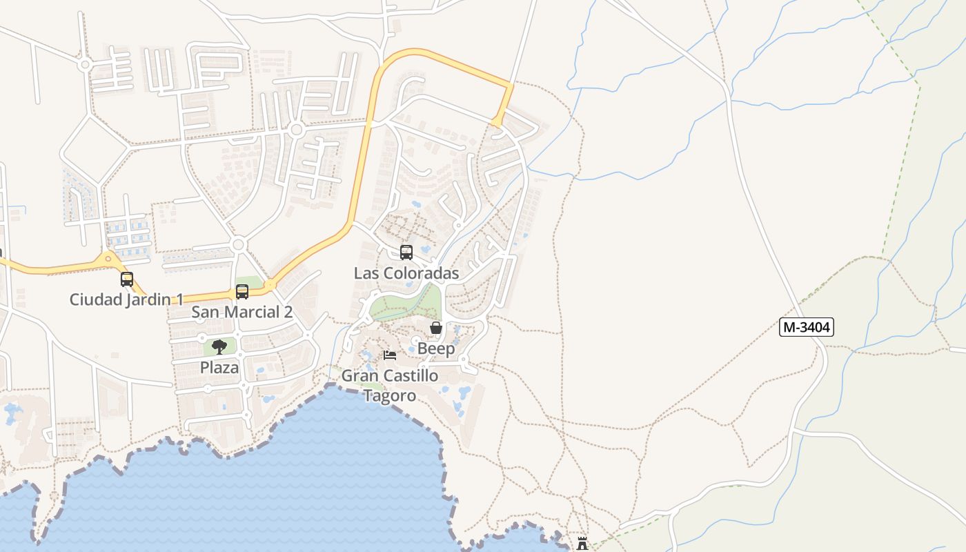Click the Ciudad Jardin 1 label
point(127,300)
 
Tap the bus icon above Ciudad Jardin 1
point(127,279)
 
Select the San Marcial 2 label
point(241,312)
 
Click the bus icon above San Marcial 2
point(241,291)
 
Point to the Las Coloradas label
point(406,273)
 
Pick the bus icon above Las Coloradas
point(406,253)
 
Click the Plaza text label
point(219,368)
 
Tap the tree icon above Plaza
point(219,347)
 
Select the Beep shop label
point(436,349)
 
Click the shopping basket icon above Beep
point(436,328)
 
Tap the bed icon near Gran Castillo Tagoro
point(390,355)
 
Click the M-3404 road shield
point(806,327)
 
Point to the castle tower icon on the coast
point(582,544)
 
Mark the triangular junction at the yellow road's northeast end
point(497,122)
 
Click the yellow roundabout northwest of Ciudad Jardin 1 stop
point(107,259)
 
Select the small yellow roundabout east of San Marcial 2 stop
point(270,284)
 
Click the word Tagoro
point(390,395)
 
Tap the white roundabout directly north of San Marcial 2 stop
point(239,245)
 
